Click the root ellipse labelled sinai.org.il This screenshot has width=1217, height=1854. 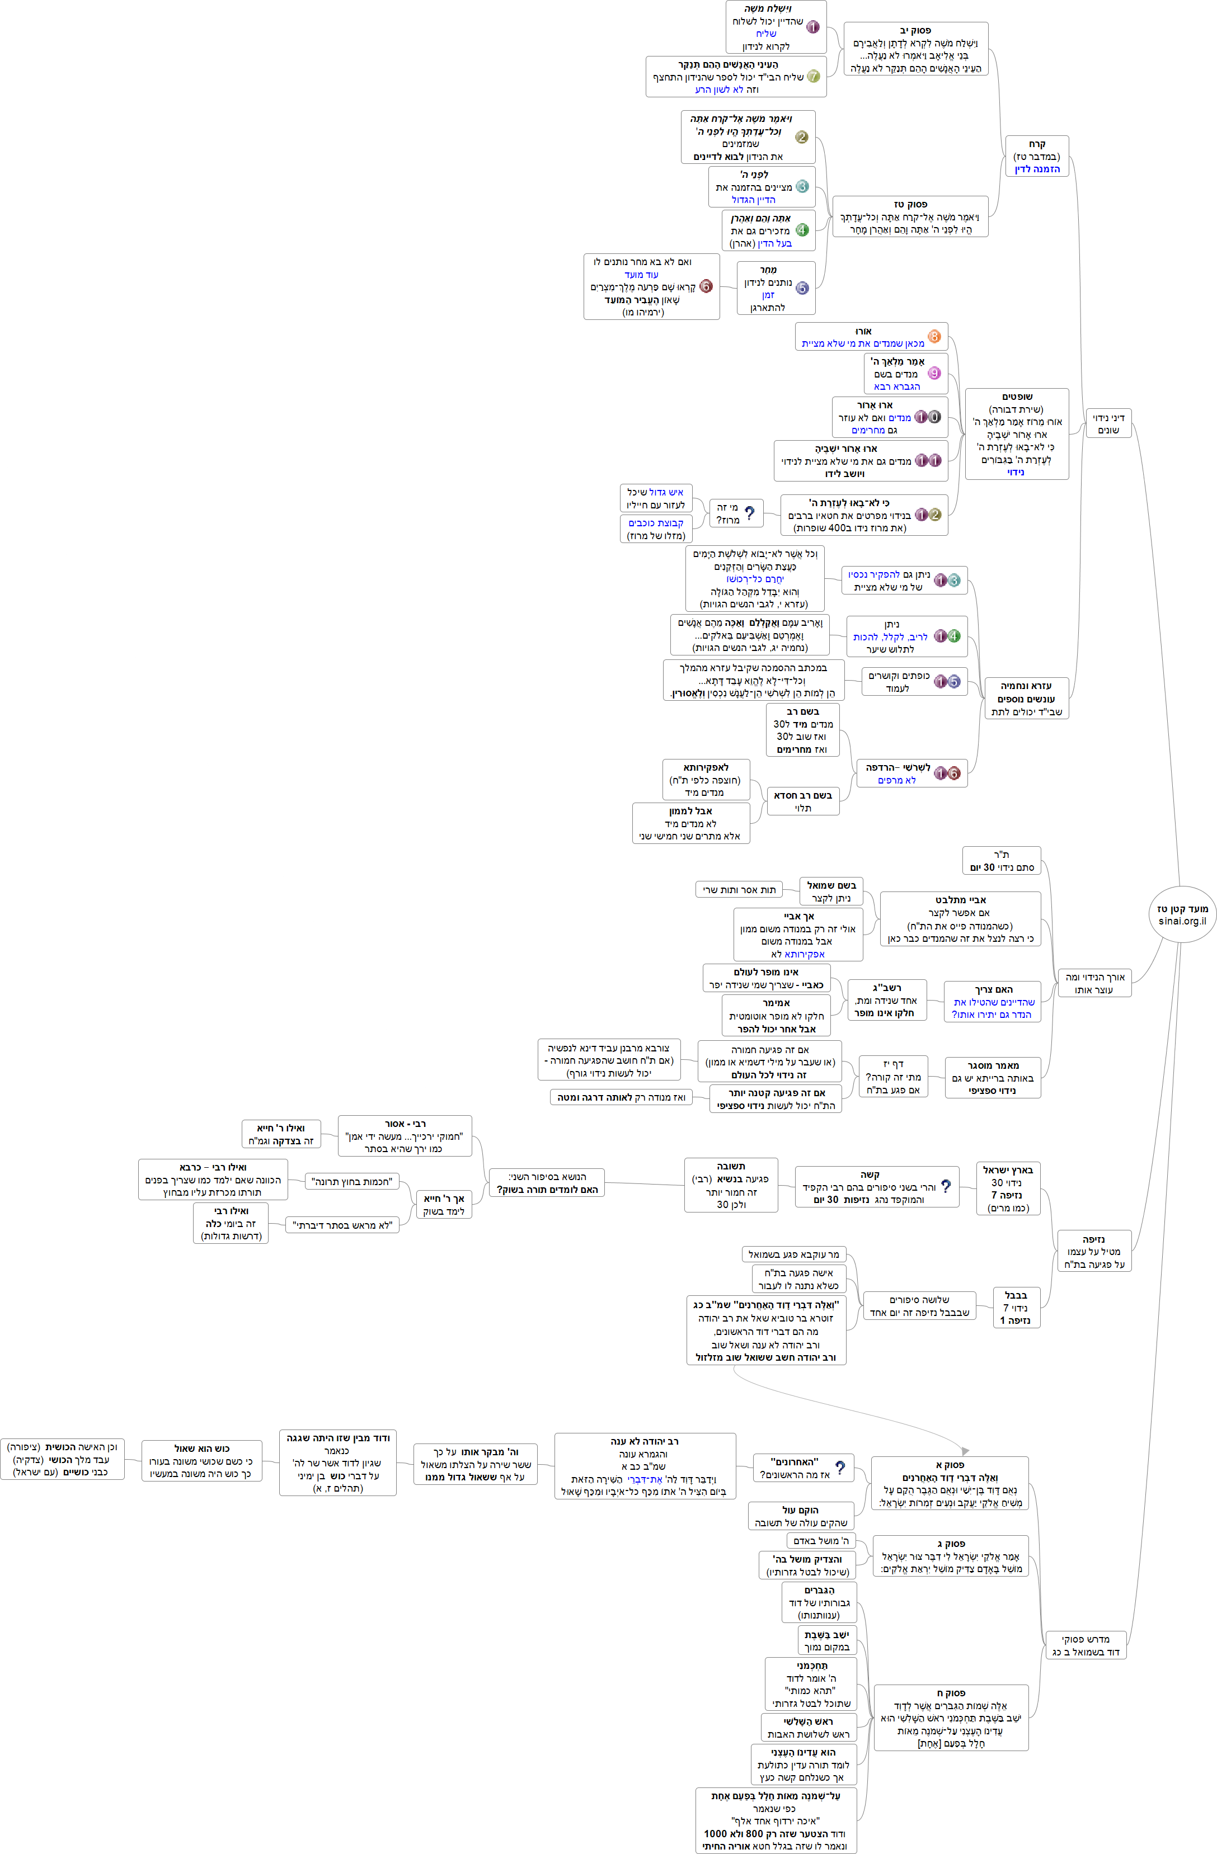[1182, 914]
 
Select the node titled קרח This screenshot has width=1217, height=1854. [1037, 157]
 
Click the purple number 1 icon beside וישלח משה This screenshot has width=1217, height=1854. [812, 27]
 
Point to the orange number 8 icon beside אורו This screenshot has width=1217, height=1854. [934, 337]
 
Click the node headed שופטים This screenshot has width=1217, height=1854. [1017, 434]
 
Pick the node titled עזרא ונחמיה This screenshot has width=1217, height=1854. [1026, 698]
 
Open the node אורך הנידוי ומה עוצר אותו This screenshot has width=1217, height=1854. [1094, 983]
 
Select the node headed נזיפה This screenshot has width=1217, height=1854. [1094, 1251]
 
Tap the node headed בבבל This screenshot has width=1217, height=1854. [1016, 1307]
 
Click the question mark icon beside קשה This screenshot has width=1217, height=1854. [946, 1185]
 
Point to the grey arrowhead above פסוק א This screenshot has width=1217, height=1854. [965, 1451]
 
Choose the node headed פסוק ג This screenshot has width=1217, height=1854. [951, 1556]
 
